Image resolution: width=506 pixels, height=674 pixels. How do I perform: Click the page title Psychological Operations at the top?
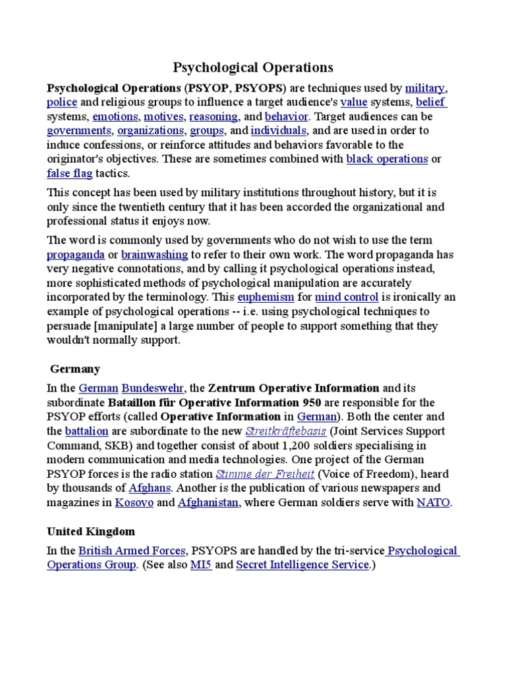pos(253,67)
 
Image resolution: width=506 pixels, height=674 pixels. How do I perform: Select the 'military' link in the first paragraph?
pos(425,88)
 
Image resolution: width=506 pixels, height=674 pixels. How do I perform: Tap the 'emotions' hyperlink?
pos(115,117)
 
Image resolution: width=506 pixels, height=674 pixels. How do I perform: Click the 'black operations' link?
pos(387,159)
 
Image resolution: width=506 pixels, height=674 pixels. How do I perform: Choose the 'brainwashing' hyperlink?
pos(155,254)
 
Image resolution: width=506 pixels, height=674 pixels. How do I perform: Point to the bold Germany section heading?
pos(75,369)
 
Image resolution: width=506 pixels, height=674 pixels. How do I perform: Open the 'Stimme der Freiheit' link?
pos(256,475)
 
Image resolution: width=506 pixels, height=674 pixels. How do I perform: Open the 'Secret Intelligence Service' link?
pos(302,565)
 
